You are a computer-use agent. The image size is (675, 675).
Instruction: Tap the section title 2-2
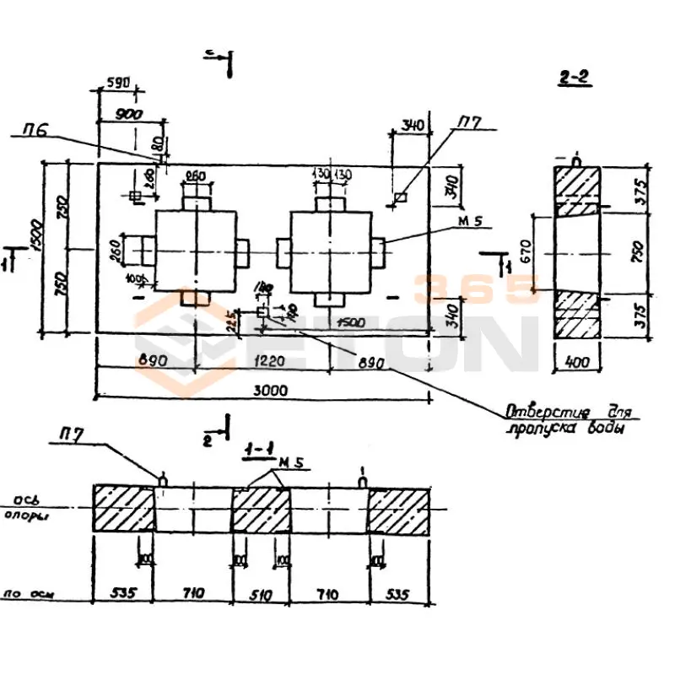pos(574,78)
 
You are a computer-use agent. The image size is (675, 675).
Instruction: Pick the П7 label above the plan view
pos(470,124)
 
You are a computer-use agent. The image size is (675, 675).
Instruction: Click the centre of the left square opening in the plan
pos(196,250)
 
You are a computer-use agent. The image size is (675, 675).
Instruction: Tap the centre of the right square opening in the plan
pos(329,250)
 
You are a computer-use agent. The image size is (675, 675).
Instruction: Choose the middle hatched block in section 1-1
pos(261,509)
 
